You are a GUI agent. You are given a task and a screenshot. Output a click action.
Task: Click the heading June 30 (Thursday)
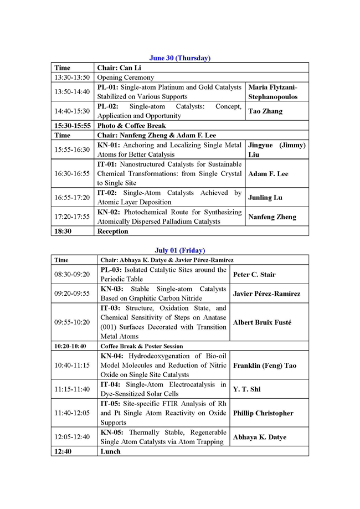[x=180, y=58]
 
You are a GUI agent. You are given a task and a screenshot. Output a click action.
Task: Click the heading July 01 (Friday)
[x=180, y=250]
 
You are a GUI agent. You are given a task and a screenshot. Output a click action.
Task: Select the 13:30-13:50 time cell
[x=72, y=78]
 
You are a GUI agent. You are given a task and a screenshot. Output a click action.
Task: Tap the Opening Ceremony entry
[x=126, y=78]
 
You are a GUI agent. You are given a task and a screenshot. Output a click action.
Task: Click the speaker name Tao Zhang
[x=265, y=111]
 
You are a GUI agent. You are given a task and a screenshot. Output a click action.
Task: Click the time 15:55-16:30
[x=72, y=150]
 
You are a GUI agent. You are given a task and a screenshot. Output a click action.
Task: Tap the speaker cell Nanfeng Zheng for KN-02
[x=272, y=217]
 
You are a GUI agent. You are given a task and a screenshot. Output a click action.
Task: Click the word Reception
[x=112, y=232]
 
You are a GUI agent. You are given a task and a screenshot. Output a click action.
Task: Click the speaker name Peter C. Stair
[x=254, y=275]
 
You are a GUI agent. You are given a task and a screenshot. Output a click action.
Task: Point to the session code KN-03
[x=111, y=289]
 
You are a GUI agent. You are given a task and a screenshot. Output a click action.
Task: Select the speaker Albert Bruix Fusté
[x=262, y=322]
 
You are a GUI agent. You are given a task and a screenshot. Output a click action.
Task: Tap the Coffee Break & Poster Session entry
[x=141, y=346]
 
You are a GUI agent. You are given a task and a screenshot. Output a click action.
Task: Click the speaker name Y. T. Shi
[x=246, y=389]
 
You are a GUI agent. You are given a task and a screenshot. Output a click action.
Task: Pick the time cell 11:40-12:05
[x=72, y=413]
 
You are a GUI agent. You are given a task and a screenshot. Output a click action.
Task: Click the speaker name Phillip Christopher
[x=263, y=413]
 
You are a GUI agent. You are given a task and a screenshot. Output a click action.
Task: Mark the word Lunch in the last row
[x=110, y=451]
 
